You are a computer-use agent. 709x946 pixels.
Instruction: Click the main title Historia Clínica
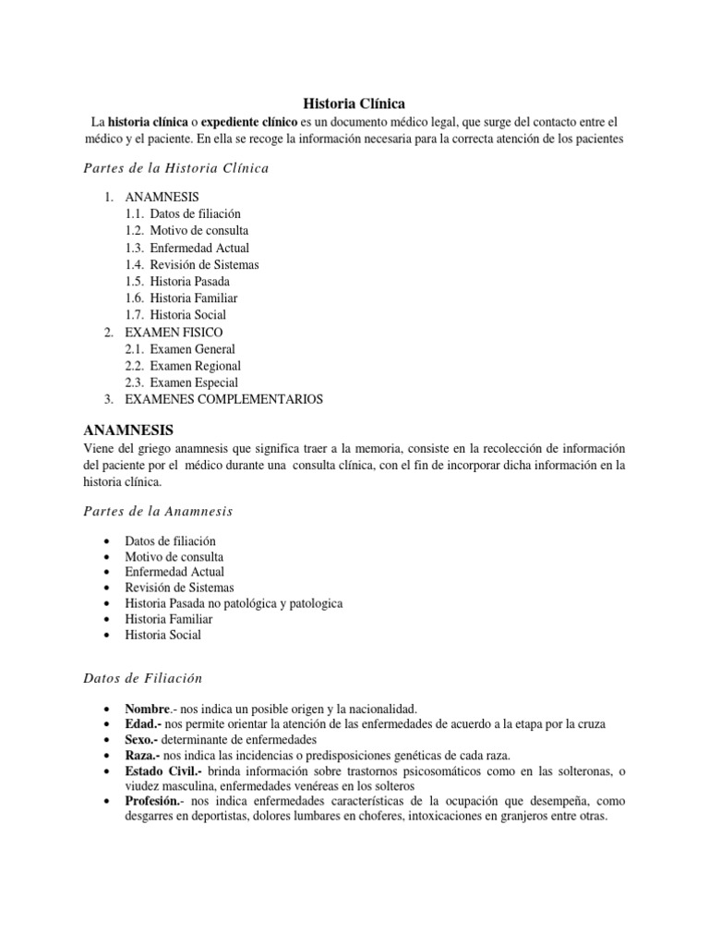tap(354, 103)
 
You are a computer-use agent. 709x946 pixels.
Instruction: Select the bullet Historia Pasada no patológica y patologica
tap(234, 603)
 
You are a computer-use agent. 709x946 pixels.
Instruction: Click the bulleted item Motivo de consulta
tap(174, 556)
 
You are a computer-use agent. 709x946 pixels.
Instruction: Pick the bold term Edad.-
tap(144, 723)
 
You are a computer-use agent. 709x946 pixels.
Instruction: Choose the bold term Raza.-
tap(143, 755)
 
